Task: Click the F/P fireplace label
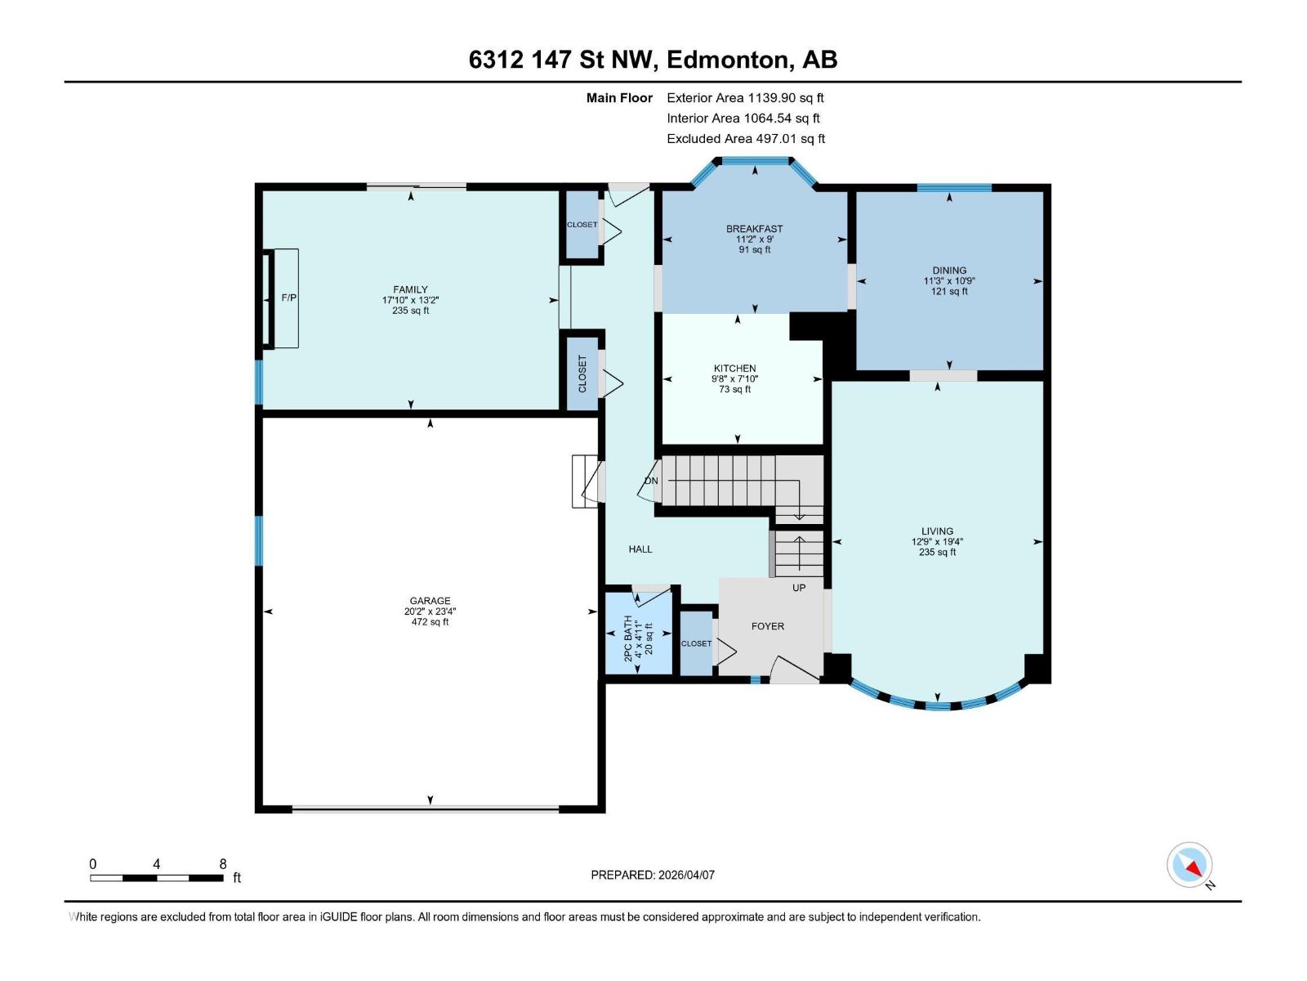(x=288, y=298)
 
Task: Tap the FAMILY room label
(x=410, y=289)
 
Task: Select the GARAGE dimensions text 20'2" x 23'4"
(x=430, y=611)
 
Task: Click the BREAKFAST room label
(x=754, y=229)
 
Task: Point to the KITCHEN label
(x=734, y=369)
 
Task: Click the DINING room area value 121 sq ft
(x=949, y=292)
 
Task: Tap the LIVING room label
(x=937, y=531)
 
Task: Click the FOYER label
(x=767, y=626)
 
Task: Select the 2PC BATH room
(x=638, y=634)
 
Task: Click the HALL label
(x=640, y=549)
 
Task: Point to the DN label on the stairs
(x=651, y=481)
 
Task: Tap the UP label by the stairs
(x=799, y=588)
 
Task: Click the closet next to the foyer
(x=697, y=643)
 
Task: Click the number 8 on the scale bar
(x=223, y=864)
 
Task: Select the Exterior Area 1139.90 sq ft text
(x=745, y=98)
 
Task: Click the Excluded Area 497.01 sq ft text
(x=745, y=139)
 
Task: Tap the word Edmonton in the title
(x=728, y=60)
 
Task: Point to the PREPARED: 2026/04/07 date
(x=652, y=875)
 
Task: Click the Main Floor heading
(x=619, y=98)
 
